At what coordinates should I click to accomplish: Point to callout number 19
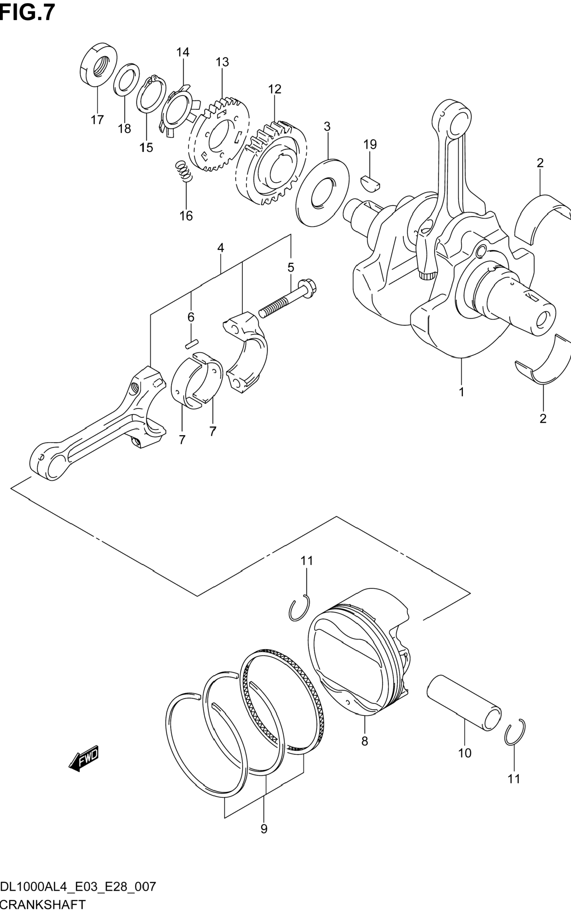click(x=370, y=144)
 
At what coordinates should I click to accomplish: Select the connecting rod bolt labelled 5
click(x=288, y=298)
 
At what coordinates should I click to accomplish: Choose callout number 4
click(x=220, y=248)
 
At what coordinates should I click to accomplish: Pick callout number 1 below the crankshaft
click(x=462, y=392)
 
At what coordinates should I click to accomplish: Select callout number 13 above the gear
click(x=222, y=62)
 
